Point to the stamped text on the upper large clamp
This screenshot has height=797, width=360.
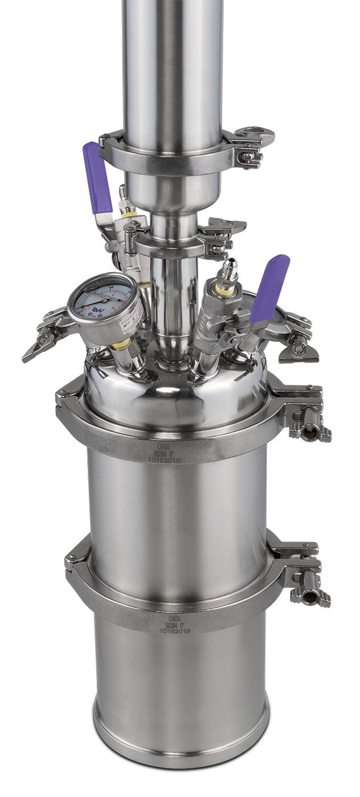[x=164, y=454]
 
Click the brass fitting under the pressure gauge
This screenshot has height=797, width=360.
[x=120, y=344]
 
